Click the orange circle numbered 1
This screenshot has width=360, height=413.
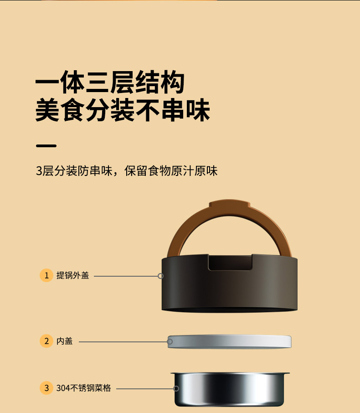pyautogui.click(x=46, y=275)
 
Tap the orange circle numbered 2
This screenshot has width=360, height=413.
pyautogui.click(x=46, y=341)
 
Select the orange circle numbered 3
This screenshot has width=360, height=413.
pyautogui.click(x=46, y=388)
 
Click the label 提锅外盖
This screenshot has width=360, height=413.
pyautogui.click(x=73, y=275)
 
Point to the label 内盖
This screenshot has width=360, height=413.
pyautogui.click(x=65, y=341)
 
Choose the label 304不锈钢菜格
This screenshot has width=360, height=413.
pyautogui.click(x=83, y=388)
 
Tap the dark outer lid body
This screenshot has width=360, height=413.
pyautogui.click(x=229, y=290)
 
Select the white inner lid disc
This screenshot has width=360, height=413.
pyautogui.click(x=229, y=341)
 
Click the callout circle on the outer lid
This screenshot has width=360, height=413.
pyautogui.click(x=160, y=276)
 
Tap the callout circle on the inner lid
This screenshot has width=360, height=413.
pyautogui.click(x=170, y=341)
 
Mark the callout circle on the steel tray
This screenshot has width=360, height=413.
pyautogui.click(x=176, y=388)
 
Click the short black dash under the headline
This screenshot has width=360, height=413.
pyautogui.click(x=46, y=146)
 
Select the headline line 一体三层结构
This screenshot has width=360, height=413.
pyautogui.click(x=110, y=82)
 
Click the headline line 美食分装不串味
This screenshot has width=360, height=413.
pyautogui.click(x=123, y=110)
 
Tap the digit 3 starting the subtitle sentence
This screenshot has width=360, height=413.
pyautogui.click(x=39, y=171)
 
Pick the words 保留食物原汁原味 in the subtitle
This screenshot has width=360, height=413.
pyautogui.click(x=171, y=171)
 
